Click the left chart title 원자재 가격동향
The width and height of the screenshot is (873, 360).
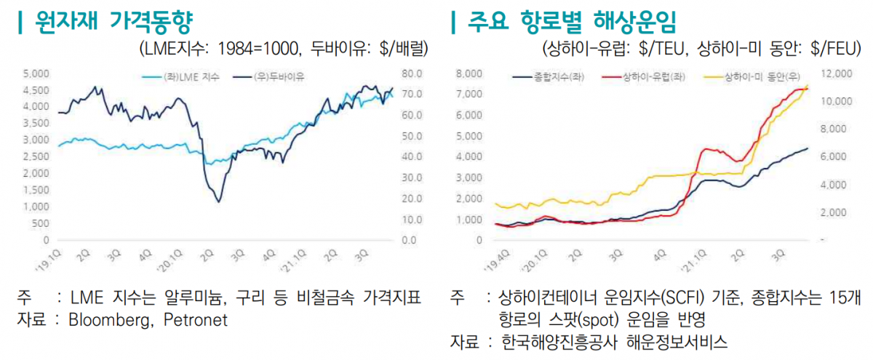coord(109,22)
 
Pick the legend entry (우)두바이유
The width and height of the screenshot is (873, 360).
coord(279,76)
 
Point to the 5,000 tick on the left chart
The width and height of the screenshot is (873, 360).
coord(36,73)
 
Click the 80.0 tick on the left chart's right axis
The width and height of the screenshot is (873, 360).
coord(412,73)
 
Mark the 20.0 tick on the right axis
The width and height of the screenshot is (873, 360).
coord(412,198)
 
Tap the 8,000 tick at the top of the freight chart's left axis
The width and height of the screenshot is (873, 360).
coord(469,73)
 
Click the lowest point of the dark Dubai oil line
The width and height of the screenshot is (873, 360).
coord(218,201)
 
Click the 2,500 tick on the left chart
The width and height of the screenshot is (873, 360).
coord(36,156)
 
